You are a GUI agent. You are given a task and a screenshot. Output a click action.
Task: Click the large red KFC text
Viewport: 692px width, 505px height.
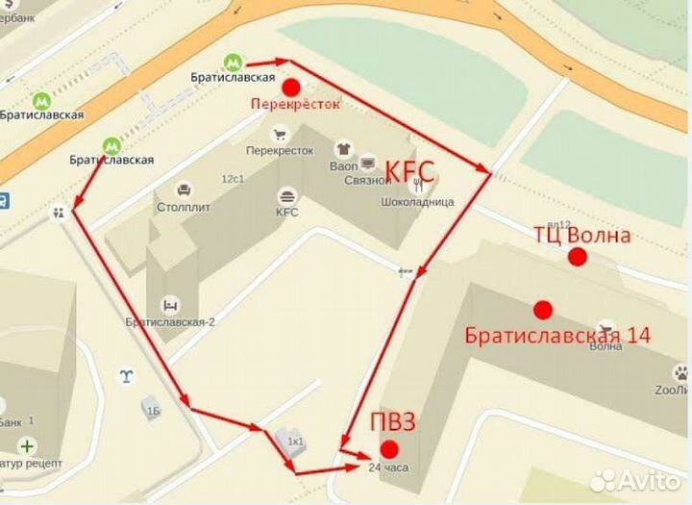coord(410,172)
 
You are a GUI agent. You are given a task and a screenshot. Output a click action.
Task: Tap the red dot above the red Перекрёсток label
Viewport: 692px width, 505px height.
coord(290,87)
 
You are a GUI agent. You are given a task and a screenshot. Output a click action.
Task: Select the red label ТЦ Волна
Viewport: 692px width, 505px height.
coord(582,235)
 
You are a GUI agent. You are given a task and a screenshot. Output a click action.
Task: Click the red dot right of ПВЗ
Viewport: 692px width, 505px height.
coord(389,449)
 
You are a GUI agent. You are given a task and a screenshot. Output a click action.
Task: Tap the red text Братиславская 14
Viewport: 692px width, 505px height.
coord(557,336)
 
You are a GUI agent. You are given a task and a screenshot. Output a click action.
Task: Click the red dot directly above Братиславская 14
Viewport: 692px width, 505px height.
coord(543,310)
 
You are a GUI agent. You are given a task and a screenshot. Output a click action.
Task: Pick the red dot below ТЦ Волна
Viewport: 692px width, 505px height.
coord(577,257)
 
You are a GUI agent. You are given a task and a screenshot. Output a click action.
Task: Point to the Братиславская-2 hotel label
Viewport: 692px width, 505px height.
coord(170,322)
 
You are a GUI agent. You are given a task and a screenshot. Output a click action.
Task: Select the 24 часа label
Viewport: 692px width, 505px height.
coord(388,468)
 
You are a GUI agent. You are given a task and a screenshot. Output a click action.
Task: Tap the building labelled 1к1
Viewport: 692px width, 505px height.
coord(290,442)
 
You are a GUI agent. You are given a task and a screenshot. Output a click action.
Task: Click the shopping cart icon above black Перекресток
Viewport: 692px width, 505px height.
coord(280,135)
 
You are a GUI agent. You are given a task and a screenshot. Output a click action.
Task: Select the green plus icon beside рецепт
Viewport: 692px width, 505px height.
coord(28,446)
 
